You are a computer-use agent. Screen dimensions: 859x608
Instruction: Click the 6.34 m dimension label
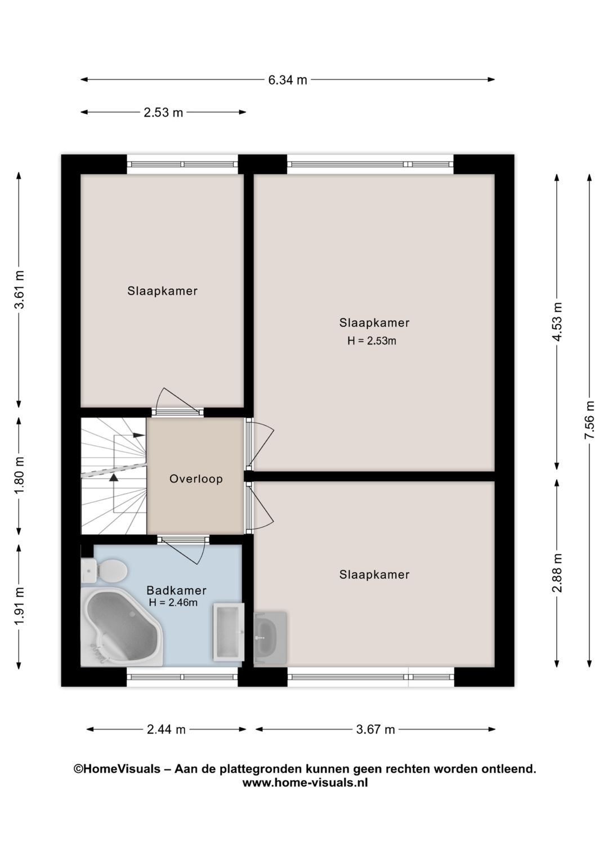287,80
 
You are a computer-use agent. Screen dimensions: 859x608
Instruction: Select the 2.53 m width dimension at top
163,113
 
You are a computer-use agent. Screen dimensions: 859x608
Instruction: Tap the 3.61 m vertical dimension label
20,290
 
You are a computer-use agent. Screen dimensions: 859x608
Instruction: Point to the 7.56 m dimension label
589,420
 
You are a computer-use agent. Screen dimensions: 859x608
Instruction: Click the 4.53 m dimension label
557,322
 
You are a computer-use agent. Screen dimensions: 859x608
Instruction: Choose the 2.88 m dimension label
557,572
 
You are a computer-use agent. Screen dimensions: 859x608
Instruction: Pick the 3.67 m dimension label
375,730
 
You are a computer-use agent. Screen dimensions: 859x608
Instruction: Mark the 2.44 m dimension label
166,730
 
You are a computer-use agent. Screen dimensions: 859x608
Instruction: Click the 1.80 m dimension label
20,476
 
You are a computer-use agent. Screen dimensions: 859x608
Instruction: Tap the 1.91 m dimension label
20,606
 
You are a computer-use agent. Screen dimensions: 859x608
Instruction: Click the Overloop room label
196,479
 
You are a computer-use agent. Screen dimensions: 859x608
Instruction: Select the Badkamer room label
176,590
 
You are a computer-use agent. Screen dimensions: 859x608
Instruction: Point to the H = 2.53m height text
372,341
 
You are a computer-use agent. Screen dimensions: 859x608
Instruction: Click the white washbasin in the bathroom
229,632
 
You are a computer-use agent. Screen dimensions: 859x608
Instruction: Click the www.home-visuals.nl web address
305,782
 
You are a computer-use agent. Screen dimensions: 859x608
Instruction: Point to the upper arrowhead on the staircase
138,435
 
